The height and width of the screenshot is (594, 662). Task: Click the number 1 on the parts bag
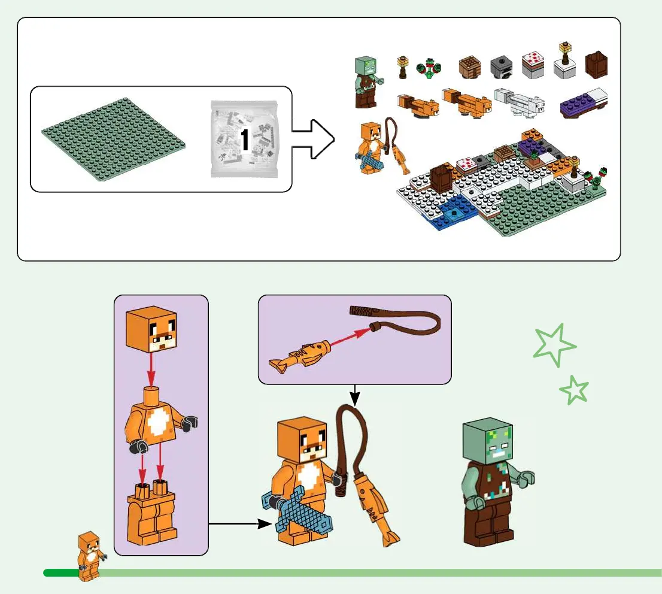coord(244,140)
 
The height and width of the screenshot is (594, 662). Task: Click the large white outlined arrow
coord(312,140)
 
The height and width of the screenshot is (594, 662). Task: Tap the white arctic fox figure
coord(519,102)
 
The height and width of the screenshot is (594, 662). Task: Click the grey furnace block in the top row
coord(501,68)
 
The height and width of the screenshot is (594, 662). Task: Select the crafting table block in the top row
coord(470,68)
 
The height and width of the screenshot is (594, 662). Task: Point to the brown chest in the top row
coord(596,66)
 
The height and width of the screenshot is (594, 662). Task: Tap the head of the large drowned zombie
coord(488,441)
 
